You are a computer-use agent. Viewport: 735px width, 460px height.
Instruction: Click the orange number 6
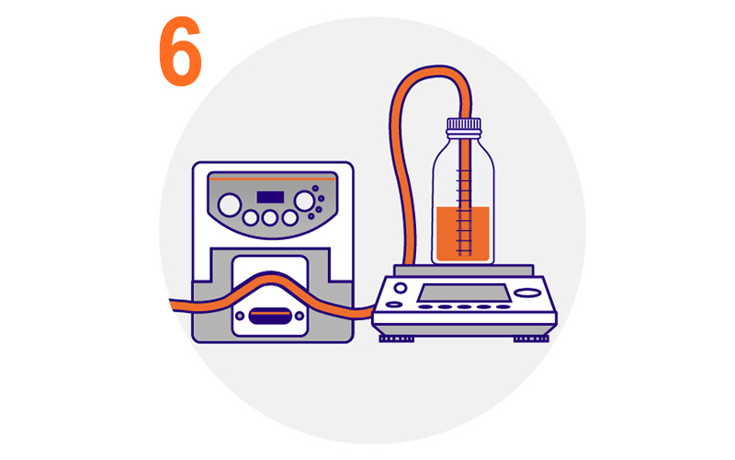[x=180, y=52]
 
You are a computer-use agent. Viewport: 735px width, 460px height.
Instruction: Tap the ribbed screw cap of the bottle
[x=464, y=124]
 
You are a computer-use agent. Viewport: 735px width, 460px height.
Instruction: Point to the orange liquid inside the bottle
[x=463, y=234]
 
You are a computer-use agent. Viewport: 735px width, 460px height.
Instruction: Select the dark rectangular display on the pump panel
[x=270, y=197]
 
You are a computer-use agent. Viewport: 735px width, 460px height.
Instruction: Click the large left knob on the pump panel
[x=230, y=205]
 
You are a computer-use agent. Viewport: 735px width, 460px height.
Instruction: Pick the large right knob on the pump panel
[x=304, y=201]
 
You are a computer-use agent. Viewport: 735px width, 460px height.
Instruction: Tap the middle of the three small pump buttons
[x=270, y=217]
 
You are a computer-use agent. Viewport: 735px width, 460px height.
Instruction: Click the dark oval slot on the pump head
[x=270, y=316]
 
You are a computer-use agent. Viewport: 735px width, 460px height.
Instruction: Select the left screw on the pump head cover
[x=240, y=316]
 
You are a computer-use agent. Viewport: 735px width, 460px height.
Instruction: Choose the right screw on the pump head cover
[x=300, y=316]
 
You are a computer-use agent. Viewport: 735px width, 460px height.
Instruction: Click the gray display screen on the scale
[x=464, y=293]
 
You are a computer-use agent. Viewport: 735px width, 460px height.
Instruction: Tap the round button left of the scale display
[x=401, y=288]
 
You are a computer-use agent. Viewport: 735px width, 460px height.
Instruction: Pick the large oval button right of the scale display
[x=527, y=293]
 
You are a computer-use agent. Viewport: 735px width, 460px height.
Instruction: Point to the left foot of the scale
[x=397, y=339]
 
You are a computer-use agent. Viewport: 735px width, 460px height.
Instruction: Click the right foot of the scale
[x=531, y=339]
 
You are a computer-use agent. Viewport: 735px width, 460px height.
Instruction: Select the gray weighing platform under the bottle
[x=464, y=270]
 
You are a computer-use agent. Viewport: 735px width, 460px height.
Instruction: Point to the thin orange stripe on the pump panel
[x=272, y=178]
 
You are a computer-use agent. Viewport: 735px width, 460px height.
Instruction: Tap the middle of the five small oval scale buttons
[x=464, y=307]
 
